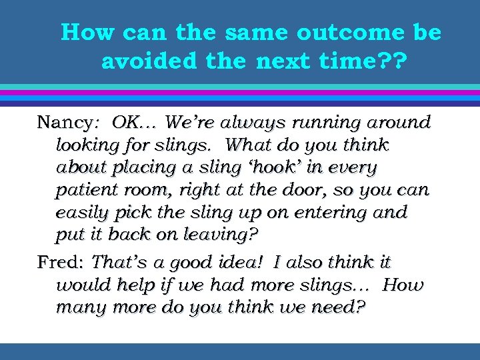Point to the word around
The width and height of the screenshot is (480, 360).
(397, 123)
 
